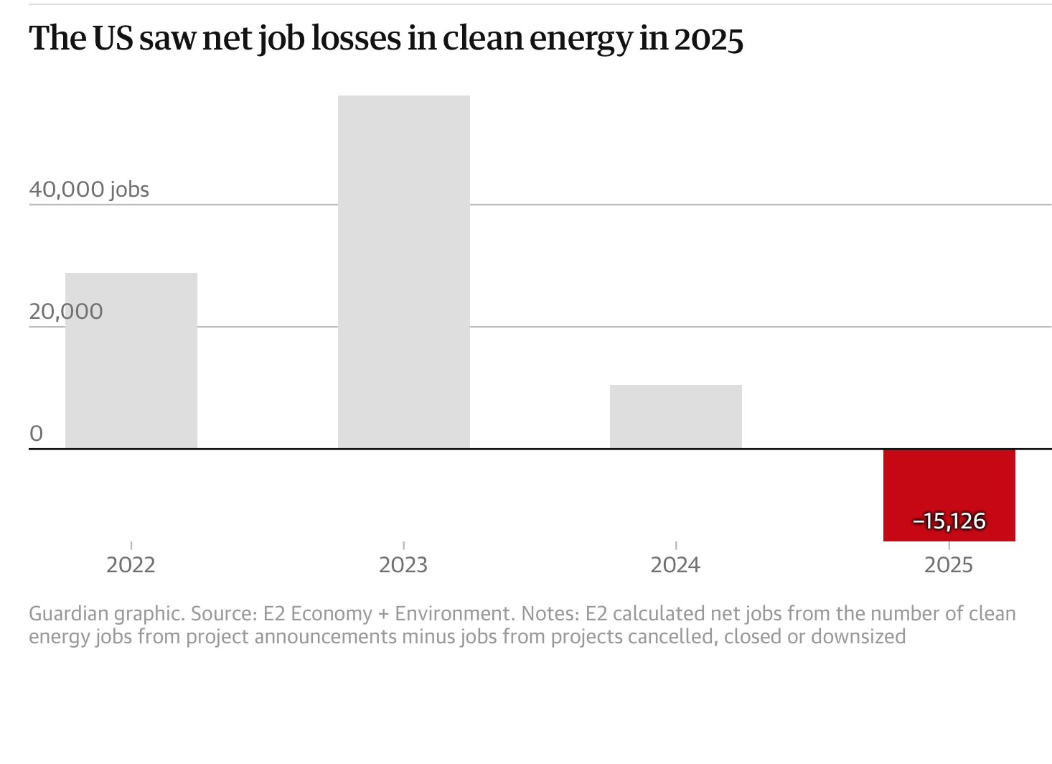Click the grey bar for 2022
[x=131, y=360]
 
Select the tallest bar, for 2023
[x=404, y=272]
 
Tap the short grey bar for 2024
[x=676, y=416]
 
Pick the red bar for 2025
[x=949, y=495]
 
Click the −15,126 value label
[x=949, y=521]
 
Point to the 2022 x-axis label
[x=131, y=565]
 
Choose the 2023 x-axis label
[x=403, y=565]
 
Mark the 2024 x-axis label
[x=675, y=565]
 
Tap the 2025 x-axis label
[x=949, y=565]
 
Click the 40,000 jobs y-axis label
[x=89, y=190]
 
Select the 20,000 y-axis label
[x=66, y=312]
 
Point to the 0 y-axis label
[x=36, y=433]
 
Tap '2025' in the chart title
[x=709, y=39]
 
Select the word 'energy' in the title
[x=581, y=42]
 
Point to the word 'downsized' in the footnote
[x=858, y=637]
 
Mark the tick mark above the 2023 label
[x=404, y=546]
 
